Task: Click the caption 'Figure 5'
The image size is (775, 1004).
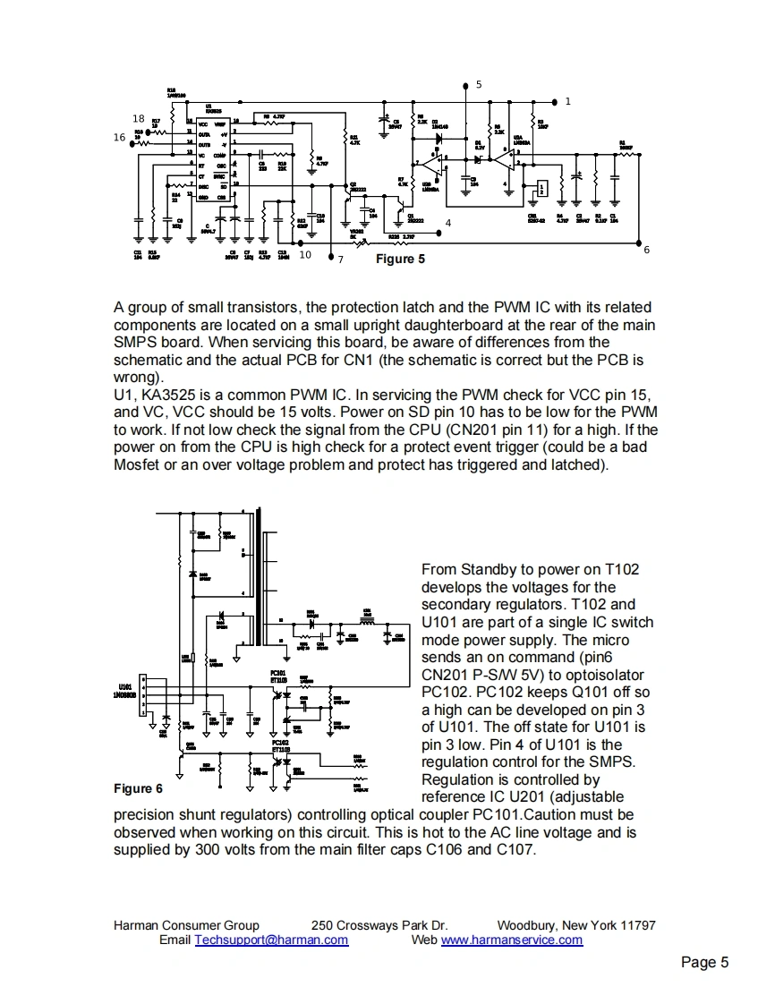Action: tap(395, 260)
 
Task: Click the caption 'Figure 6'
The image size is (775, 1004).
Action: tap(138, 788)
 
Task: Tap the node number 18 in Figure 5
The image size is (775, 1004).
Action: tap(139, 119)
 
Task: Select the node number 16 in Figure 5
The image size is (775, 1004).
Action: tap(119, 138)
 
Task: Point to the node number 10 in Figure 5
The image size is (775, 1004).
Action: tap(305, 255)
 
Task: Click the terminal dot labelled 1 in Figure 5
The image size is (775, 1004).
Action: tap(555, 101)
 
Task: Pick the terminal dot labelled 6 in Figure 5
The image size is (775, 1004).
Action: tap(638, 241)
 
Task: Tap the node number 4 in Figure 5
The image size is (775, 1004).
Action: tap(447, 222)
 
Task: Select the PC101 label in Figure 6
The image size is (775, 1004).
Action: tap(278, 672)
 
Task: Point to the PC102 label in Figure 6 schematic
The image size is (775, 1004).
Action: tap(280, 743)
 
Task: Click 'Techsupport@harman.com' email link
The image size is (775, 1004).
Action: tap(271, 940)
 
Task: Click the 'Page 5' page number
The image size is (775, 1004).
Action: tap(704, 963)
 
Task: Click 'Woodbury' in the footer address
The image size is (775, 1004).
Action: tap(525, 925)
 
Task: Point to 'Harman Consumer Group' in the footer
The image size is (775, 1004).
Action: tap(186, 925)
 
